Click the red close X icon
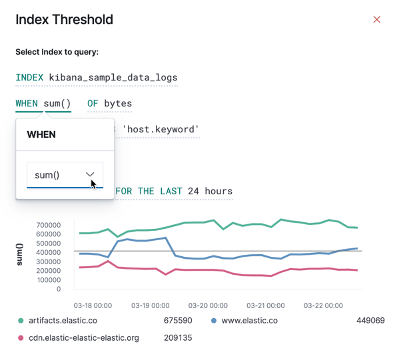(x=376, y=19)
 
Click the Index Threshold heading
(x=64, y=19)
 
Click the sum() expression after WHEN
(x=57, y=104)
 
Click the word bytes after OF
(x=118, y=104)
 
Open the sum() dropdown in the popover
(x=65, y=175)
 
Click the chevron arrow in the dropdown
(x=91, y=174)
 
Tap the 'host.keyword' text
(x=161, y=129)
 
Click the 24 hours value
(x=210, y=192)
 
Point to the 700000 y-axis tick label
(x=50, y=225)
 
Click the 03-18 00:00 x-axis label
(x=92, y=305)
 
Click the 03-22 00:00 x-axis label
(x=323, y=305)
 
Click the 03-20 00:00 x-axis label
(x=207, y=305)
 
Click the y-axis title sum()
(x=20, y=254)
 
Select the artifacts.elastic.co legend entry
(x=67, y=321)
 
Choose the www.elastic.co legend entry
(x=248, y=321)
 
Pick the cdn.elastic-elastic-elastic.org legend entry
(x=83, y=338)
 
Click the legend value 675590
(x=178, y=321)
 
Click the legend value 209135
(x=178, y=338)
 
